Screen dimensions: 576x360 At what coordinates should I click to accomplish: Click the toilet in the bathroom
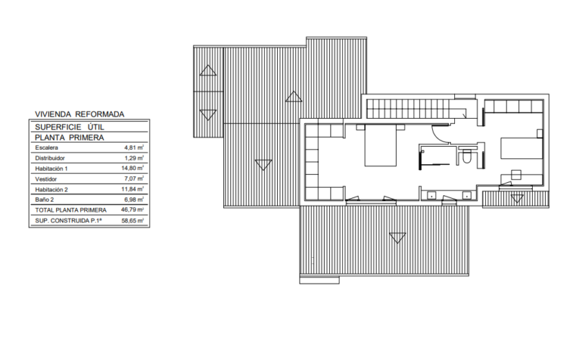(467, 157)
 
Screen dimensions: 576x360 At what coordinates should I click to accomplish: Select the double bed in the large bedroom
(381, 146)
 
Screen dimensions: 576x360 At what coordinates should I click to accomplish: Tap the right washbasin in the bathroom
(467, 195)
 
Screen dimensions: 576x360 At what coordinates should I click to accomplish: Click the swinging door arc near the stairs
(441, 135)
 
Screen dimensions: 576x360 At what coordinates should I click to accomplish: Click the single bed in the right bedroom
(521, 148)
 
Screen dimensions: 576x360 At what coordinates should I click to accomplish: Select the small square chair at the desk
(516, 174)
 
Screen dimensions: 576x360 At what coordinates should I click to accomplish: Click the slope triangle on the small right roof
(517, 199)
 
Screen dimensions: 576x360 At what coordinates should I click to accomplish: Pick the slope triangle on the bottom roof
(397, 238)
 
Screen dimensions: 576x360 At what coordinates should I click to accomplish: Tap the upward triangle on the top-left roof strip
(208, 71)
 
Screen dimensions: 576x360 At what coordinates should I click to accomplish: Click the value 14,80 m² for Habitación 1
(132, 168)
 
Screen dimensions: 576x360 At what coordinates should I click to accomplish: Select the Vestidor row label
(46, 179)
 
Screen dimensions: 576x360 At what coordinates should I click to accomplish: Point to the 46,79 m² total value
(132, 210)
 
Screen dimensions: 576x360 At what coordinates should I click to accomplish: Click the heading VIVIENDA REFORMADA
(80, 114)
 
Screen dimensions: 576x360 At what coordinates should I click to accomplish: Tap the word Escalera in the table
(47, 148)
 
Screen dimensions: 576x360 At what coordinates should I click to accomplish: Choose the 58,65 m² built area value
(132, 220)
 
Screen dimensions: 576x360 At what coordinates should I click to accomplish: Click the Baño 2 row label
(45, 199)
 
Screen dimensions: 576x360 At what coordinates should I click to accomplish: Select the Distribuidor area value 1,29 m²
(134, 158)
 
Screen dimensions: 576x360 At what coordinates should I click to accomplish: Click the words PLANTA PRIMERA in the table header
(69, 138)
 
